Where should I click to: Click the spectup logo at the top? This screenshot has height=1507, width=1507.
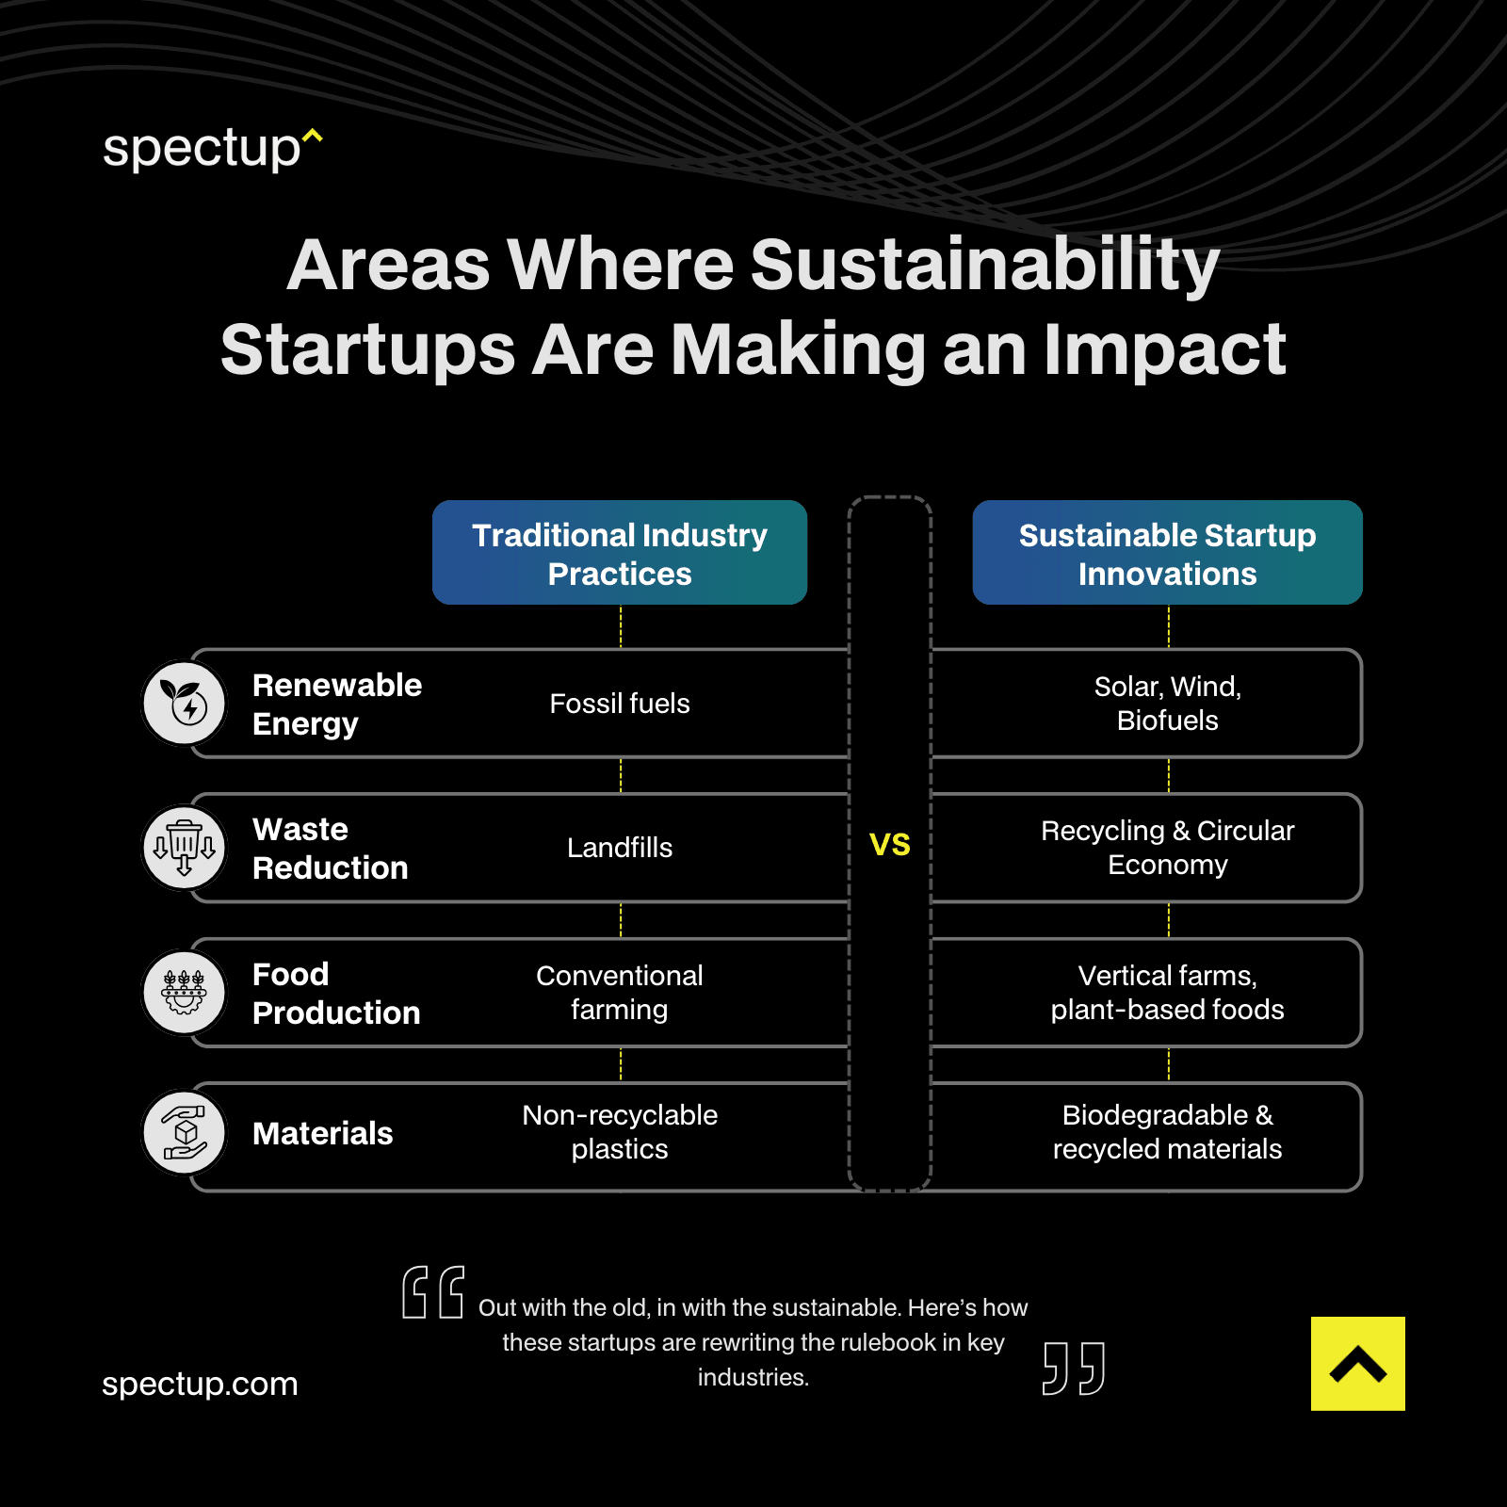[x=212, y=149]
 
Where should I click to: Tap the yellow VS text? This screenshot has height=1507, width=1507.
[x=889, y=845]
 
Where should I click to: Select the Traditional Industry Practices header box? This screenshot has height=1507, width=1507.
[x=620, y=553]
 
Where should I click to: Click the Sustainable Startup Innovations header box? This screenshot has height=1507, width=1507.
[x=1167, y=553]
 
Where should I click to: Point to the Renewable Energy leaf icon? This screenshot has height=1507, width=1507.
[x=185, y=703]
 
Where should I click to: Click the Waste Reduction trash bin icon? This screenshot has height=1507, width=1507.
[x=185, y=847]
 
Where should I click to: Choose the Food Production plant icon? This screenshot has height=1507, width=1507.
[x=185, y=992]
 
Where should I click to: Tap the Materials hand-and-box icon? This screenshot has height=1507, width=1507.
[x=185, y=1132]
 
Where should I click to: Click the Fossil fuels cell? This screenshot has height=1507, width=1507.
[x=620, y=704]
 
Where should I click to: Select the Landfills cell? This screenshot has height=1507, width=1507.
[x=620, y=848]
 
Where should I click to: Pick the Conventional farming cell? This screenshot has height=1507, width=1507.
[x=620, y=993]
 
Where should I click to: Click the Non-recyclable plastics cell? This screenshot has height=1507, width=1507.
[x=620, y=1132]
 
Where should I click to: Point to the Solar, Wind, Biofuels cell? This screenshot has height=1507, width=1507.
[x=1167, y=704]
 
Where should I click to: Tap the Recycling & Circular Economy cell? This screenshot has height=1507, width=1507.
[x=1167, y=848]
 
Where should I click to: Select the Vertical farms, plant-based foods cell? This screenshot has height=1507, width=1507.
[x=1167, y=993]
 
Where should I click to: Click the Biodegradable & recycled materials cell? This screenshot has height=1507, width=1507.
[x=1167, y=1132]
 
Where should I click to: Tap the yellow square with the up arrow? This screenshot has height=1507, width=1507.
[x=1357, y=1363]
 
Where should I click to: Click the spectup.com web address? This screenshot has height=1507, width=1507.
[x=200, y=1384]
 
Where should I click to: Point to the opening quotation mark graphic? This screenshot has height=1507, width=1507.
[x=433, y=1292]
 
